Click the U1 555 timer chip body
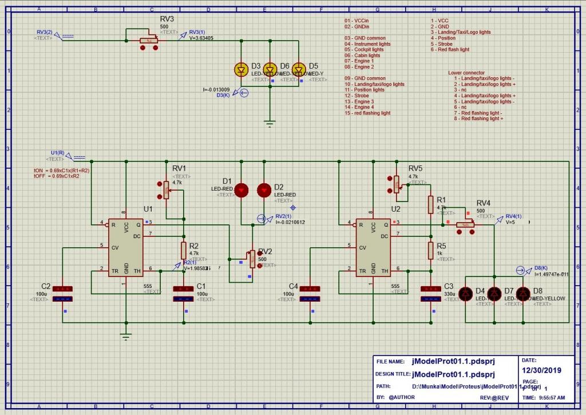coord(126,248)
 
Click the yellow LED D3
coord(241,70)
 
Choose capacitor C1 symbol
coord(184,294)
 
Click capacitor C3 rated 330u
coord(430,294)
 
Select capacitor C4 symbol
coord(310,294)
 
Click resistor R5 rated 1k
coord(430,250)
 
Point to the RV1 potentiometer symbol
coord(167,189)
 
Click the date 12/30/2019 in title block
coord(542,370)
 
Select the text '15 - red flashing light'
coord(367,113)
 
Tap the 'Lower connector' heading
coord(466,73)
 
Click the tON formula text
coord(62,171)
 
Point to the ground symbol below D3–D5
coord(270,122)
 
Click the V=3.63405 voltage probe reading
coord(201,38)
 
